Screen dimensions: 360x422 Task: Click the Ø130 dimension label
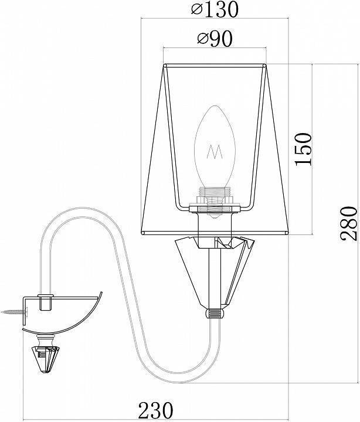215,9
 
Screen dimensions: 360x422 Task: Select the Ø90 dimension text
215,39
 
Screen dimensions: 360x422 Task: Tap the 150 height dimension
303,149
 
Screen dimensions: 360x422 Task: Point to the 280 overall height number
349,223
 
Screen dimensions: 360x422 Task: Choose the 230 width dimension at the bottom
155,410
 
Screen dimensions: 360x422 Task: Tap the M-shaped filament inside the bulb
215,152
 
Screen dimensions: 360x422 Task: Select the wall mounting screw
14,312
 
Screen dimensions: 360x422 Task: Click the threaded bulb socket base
215,198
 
